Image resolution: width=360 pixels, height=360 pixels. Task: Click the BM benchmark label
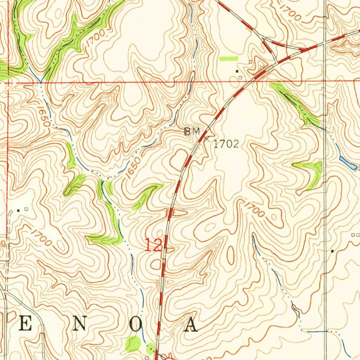click(x=192, y=132)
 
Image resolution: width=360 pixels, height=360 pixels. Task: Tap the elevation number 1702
click(x=226, y=143)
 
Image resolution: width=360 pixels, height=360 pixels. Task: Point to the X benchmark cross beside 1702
click(x=207, y=139)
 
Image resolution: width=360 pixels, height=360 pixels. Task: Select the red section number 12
click(x=153, y=245)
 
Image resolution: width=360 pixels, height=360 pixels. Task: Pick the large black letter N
click(x=80, y=326)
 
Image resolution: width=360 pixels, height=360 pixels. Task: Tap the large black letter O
click(x=135, y=326)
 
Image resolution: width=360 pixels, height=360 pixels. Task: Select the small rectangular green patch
click(x=228, y=58)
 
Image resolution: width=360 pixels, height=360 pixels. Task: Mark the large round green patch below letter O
click(x=133, y=343)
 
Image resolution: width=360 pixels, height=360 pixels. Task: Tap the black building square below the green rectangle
click(x=237, y=71)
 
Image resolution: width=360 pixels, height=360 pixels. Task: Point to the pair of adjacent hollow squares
click(x=355, y=234)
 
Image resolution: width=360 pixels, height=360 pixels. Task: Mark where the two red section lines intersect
click(x=8, y=82)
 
